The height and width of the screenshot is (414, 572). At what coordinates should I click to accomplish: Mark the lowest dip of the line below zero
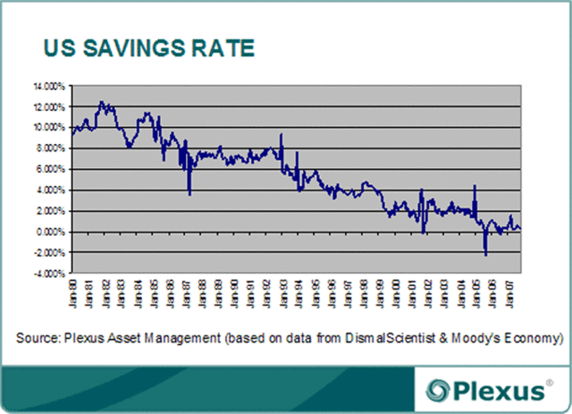[x=485, y=256]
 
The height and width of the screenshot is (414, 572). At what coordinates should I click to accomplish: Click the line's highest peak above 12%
[x=102, y=102]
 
